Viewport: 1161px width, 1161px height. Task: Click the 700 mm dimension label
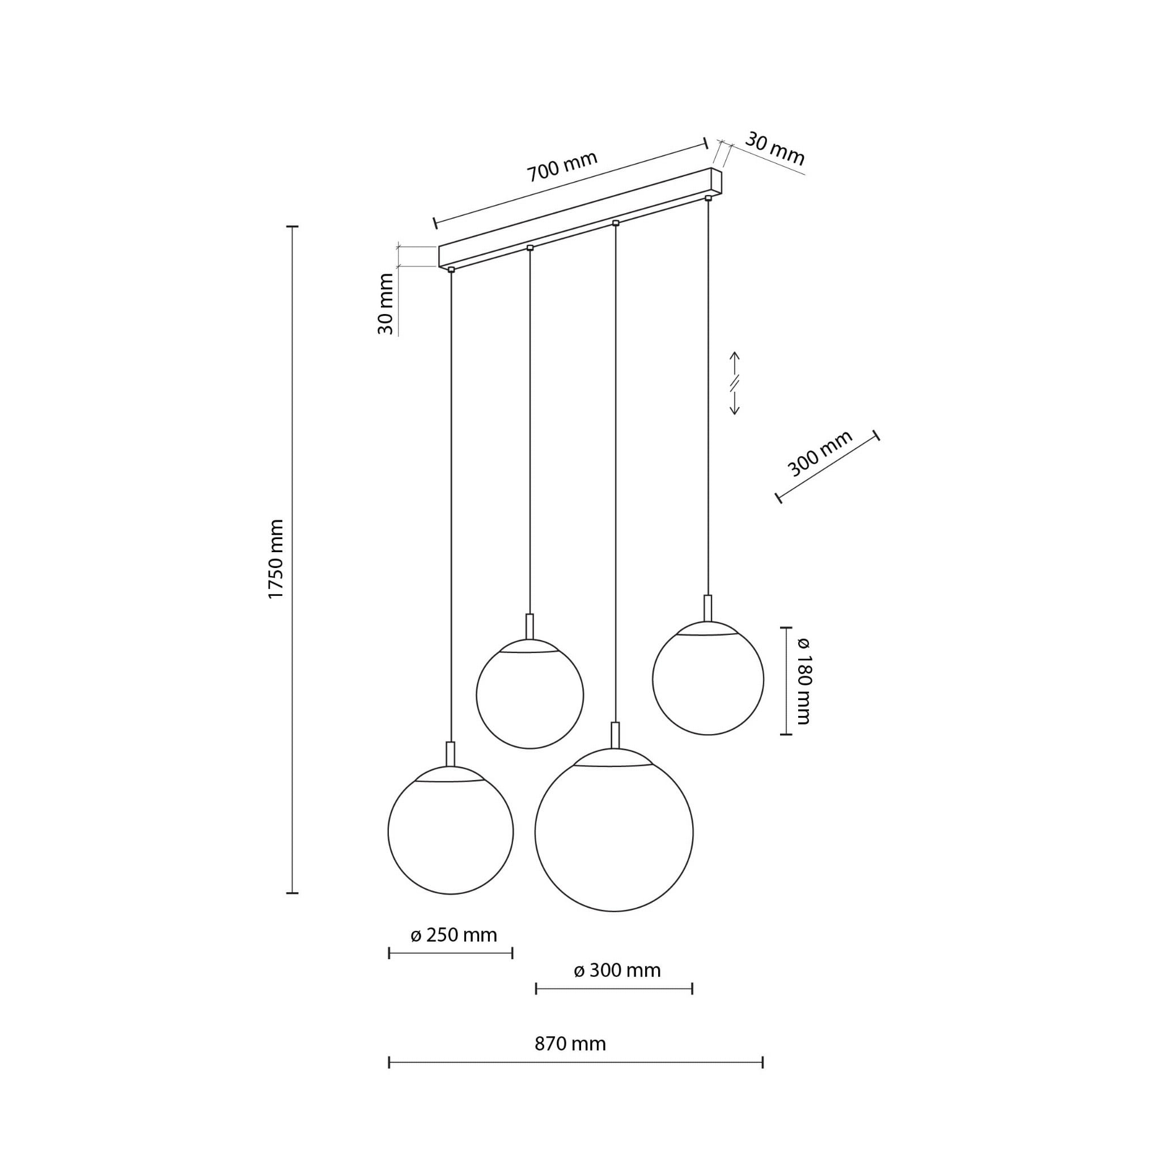(x=562, y=166)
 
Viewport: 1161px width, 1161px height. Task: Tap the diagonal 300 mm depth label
(x=820, y=453)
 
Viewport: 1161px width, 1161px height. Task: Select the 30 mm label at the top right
(x=774, y=149)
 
